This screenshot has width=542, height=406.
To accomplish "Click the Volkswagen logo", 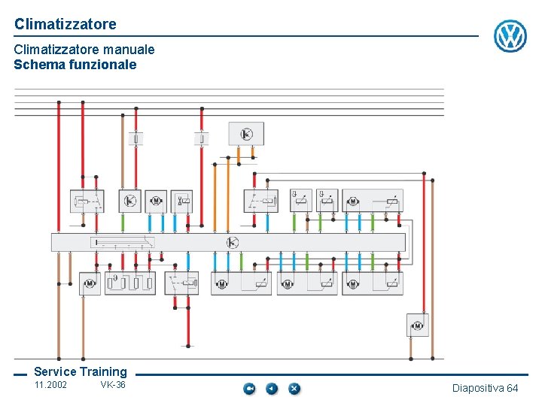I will [510, 36].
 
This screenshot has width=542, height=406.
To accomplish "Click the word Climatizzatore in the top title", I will [65, 24].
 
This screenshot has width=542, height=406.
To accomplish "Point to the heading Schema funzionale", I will [75, 65].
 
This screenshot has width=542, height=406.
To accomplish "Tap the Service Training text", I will [81, 371].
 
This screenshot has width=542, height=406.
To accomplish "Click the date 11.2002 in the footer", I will [50, 386].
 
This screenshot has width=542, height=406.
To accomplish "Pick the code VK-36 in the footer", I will [113, 386].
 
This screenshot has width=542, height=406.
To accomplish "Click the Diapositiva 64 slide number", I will [485, 388].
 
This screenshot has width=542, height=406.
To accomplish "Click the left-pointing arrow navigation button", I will [272, 389].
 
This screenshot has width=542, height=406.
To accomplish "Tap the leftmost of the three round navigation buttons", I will [249, 389].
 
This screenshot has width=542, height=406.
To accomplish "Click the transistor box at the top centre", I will [246, 134].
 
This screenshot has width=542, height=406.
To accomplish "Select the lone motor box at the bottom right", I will [417, 325].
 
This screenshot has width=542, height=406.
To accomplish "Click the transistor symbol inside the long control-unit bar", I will [232, 242].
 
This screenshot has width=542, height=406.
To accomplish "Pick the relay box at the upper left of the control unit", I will [87, 201].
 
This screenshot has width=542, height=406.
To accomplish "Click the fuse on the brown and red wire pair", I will [136, 138].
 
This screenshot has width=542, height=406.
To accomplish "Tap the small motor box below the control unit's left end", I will [89, 283].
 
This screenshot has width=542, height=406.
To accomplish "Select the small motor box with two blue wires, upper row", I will [156, 201].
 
